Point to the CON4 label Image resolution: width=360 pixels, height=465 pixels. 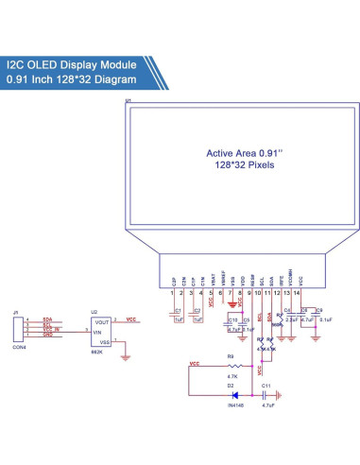click(18, 347)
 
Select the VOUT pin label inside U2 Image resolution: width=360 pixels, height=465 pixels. click(103, 322)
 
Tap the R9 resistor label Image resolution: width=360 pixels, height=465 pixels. click(230, 356)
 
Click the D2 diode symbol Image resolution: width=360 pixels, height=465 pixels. click(230, 396)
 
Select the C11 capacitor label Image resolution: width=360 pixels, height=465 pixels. click(266, 387)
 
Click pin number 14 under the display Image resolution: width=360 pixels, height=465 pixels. click(300, 295)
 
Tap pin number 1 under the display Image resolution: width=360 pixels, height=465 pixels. click(172, 295)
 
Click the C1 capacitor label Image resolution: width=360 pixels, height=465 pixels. click(177, 310)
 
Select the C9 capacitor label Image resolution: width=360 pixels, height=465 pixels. click(320, 310)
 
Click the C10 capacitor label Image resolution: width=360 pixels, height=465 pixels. click(232, 319)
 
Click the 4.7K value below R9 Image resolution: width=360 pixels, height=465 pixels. click(230, 376)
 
